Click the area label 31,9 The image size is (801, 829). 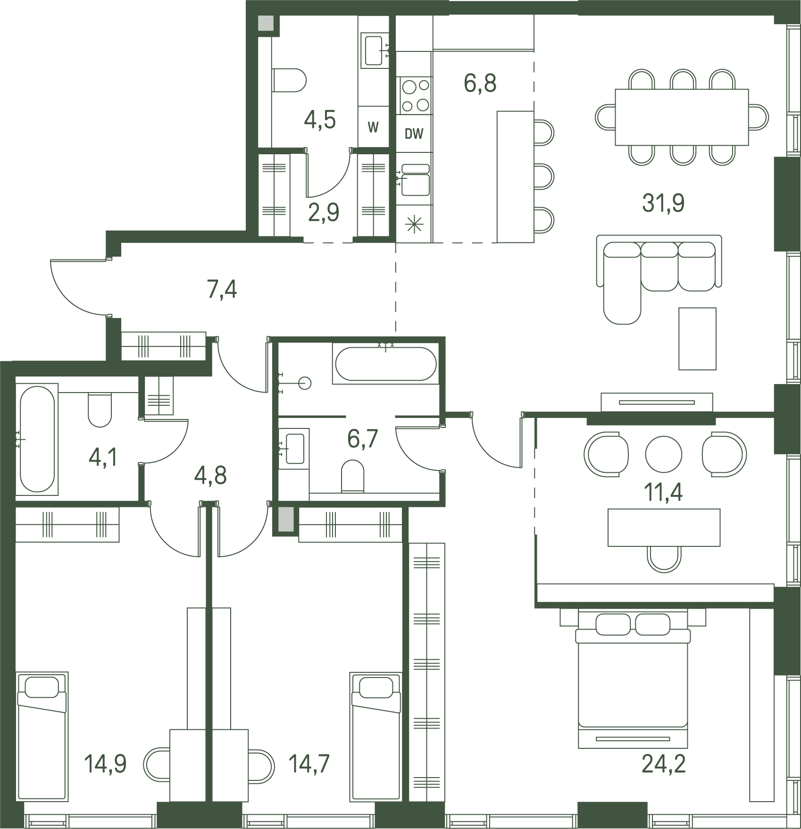[663, 203]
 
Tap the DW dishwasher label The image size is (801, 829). [414, 134]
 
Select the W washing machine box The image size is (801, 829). [373, 126]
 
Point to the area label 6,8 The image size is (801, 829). [480, 83]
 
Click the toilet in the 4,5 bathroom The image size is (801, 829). [289, 80]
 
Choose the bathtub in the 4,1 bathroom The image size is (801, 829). [37, 439]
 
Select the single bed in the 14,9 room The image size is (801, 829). [42, 736]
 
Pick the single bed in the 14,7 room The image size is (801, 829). [376, 737]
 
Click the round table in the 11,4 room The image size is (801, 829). [664, 454]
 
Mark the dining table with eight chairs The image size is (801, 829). [682, 117]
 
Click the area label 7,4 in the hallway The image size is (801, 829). [222, 289]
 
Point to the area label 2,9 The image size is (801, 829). [324, 212]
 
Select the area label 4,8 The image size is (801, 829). [210, 476]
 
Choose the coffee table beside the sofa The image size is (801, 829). [697, 338]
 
